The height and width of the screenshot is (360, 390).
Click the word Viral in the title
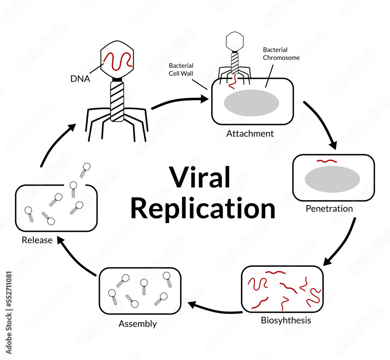(x=199, y=177)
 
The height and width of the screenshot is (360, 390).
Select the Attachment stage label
(x=250, y=134)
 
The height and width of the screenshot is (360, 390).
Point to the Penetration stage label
(x=329, y=209)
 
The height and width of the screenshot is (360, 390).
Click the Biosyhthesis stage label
(x=286, y=321)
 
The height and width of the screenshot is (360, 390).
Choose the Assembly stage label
(x=138, y=324)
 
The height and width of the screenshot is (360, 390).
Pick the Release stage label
(x=37, y=240)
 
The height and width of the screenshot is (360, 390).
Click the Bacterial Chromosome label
(x=281, y=54)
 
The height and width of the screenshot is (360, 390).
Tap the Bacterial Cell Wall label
(x=181, y=69)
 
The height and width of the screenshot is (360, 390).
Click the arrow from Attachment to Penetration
(x=321, y=125)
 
